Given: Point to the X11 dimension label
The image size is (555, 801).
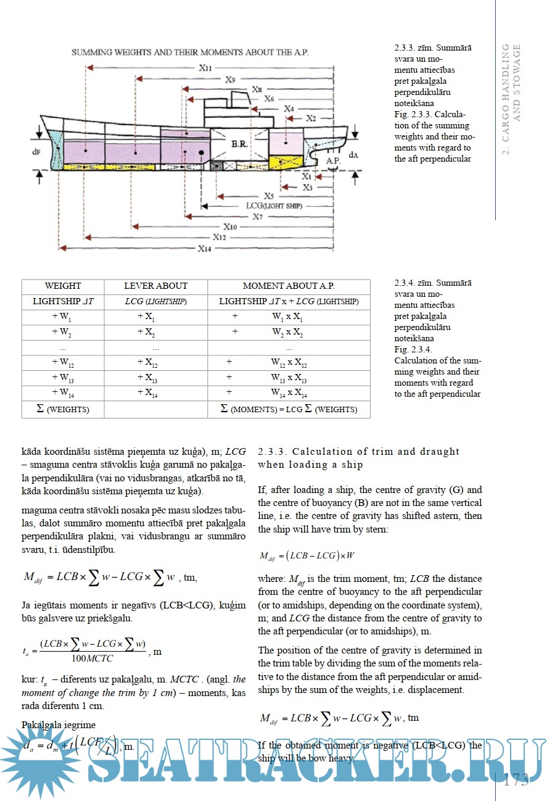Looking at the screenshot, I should tap(207, 68).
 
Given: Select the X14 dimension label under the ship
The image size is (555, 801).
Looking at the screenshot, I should tap(205, 249).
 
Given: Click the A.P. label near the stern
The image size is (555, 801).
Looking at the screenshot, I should tap(334, 160).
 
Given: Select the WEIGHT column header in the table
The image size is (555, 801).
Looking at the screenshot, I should tap(63, 286).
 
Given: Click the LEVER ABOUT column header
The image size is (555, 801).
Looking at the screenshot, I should tap(155, 286).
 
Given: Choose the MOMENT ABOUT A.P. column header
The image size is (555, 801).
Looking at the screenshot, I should tap(289, 286).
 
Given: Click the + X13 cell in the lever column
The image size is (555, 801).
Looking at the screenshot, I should tap(147, 378).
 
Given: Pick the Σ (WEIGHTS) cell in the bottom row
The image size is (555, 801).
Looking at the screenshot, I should tap(63, 409).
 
